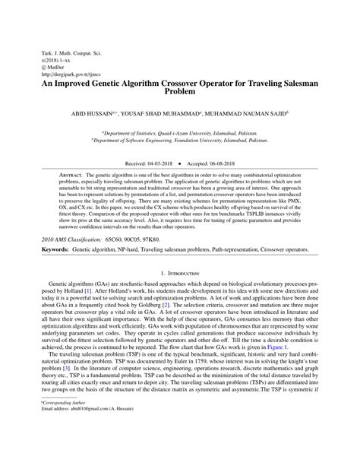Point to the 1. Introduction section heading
pyautogui.click(x=179, y=272)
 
